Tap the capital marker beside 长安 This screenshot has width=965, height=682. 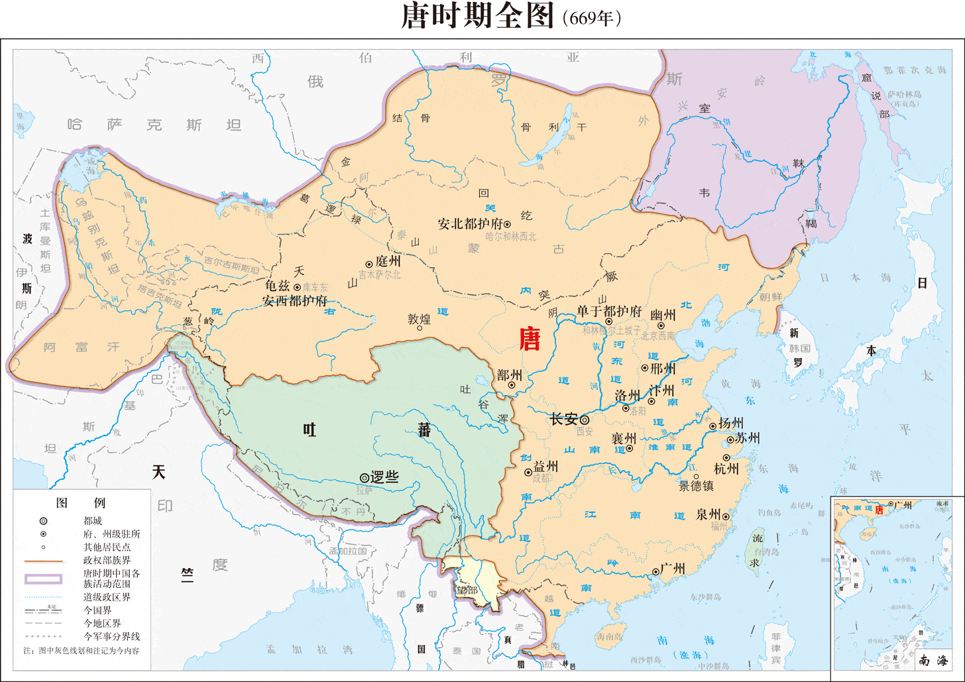pos(585,420)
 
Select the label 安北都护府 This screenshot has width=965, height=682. pos(470,224)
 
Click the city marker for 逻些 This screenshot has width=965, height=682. pos(364,477)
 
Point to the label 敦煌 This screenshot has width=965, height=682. pos(419,319)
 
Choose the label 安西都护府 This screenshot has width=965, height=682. pos(295,300)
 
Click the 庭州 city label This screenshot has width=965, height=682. pos(388,261)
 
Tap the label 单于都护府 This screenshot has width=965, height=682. pos(609,311)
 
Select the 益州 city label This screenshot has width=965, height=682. pos(545,466)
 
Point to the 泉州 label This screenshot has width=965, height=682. pos(709,514)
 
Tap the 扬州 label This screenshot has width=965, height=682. pos(731,423)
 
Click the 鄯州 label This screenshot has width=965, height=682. pos(510,375)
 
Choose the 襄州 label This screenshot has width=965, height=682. pos(624,438)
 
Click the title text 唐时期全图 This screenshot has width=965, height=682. pos(477,17)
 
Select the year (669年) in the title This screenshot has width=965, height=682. pos(591,18)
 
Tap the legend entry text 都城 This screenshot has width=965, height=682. pos(93,521)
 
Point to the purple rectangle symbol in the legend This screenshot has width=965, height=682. pos(43,579)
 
